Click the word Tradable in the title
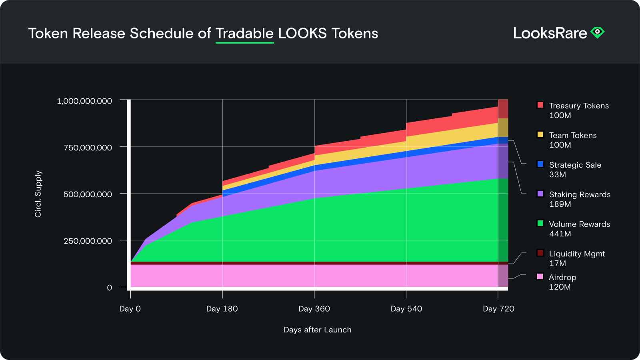(244, 34)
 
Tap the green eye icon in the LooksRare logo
(598, 32)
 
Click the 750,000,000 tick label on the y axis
(88, 148)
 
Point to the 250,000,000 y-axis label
(88, 241)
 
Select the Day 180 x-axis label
(222, 309)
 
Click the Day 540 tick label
(406, 309)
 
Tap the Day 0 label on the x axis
(130, 309)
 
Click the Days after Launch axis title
(317, 330)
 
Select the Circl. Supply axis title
(38, 194)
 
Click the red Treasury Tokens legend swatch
(540, 105)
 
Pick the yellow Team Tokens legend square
(540, 134)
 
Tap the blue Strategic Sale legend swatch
(540, 164)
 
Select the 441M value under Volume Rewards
(560, 234)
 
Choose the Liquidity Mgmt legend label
(576, 254)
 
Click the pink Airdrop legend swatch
(540, 276)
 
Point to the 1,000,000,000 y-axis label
(84, 101)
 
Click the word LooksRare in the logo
(550, 33)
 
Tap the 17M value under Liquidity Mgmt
(557, 264)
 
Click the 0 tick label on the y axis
(109, 288)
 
